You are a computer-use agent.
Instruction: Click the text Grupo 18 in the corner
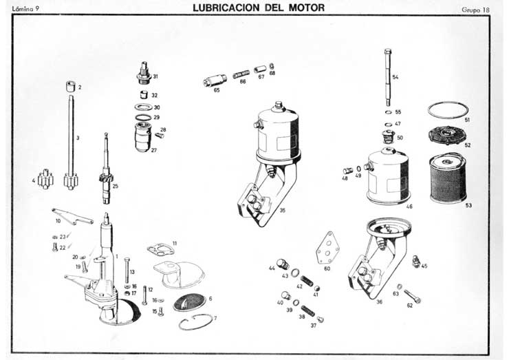476,9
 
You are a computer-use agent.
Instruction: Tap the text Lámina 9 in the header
26,8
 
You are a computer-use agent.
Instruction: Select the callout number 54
396,77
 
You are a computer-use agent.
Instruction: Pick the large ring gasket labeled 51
447,110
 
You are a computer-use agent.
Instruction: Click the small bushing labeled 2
70,87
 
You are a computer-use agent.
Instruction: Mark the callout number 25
116,186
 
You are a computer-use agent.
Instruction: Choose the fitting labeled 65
210,82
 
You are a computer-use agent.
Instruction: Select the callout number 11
175,243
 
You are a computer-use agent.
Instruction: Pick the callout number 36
379,301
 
